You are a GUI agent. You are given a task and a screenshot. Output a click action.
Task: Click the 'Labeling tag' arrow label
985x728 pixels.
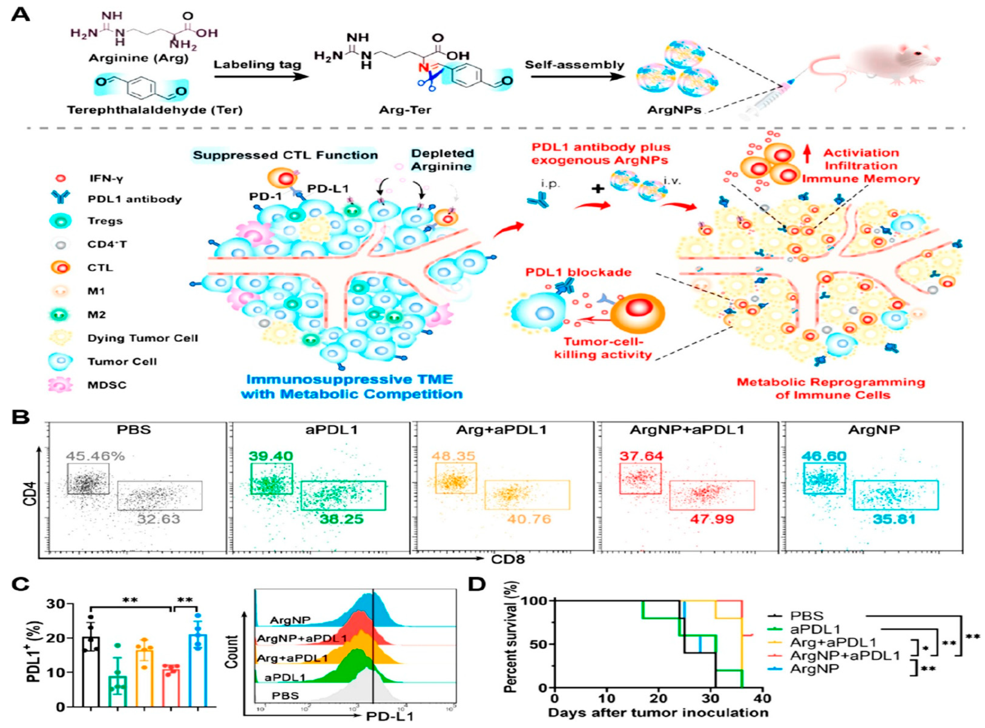click(257, 65)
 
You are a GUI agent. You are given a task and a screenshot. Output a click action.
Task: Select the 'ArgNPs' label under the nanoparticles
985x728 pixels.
click(674, 110)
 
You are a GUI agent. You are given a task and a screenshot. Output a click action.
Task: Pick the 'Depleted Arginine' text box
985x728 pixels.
click(442, 160)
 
